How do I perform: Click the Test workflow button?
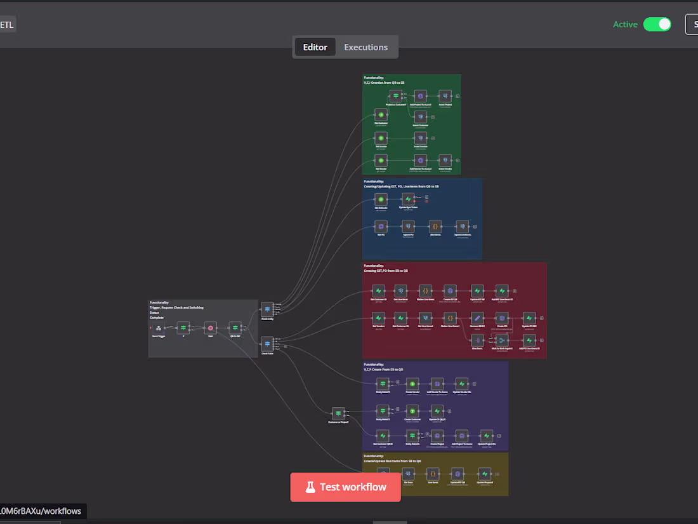click(345, 487)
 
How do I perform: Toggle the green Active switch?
click(657, 24)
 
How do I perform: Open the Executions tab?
click(365, 47)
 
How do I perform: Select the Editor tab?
click(315, 47)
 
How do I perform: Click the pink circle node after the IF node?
click(210, 328)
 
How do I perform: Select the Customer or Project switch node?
click(338, 413)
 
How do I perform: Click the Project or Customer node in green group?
click(395, 96)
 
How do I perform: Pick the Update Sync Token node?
click(408, 199)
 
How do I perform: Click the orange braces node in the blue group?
click(435, 226)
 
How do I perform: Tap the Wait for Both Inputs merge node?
click(502, 340)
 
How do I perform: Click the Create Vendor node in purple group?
click(412, 384)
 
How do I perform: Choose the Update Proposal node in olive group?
click(484, 473)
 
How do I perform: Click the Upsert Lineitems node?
click(463, 226)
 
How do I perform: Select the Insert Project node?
click(445, 96)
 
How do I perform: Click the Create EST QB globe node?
click(450, 290)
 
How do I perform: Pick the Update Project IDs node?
click(487, 436)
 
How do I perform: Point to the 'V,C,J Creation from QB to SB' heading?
click(383, 83)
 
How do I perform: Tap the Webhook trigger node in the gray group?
click(159, 328)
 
